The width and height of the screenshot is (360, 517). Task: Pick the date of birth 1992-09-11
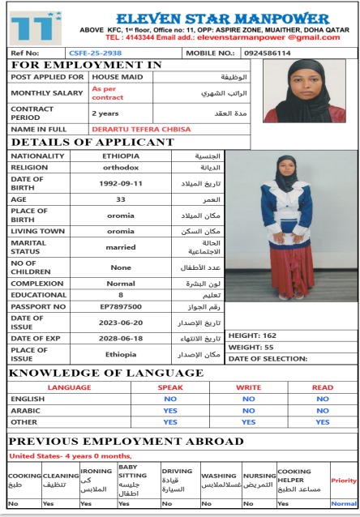121,182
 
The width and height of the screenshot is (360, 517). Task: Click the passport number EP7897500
121,307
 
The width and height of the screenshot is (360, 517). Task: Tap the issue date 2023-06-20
121,322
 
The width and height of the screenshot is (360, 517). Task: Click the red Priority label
344,481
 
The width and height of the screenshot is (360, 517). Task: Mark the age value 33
121,199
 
